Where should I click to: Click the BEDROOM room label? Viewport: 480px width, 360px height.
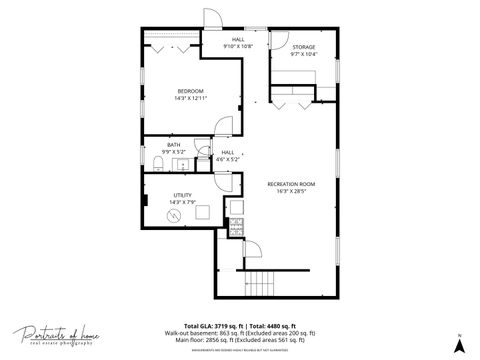point(190,91)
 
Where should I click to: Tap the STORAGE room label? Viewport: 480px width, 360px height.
point(303,47)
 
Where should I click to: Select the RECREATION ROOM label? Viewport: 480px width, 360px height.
point(291,184)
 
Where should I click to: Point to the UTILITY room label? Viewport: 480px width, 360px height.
point(182,195)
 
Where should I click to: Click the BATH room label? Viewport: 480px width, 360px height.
point(174,145)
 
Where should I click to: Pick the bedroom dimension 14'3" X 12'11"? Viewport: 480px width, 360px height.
point(190,98)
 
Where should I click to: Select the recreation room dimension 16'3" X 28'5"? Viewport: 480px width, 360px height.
point(291,191)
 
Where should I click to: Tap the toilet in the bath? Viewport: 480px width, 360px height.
point(158,162)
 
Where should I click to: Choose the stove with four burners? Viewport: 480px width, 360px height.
point(237,224)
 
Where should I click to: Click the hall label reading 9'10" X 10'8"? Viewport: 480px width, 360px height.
point(239,43)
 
